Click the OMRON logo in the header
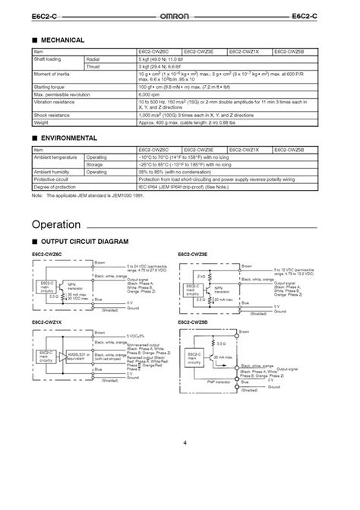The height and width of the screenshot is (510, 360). (179, 15)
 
